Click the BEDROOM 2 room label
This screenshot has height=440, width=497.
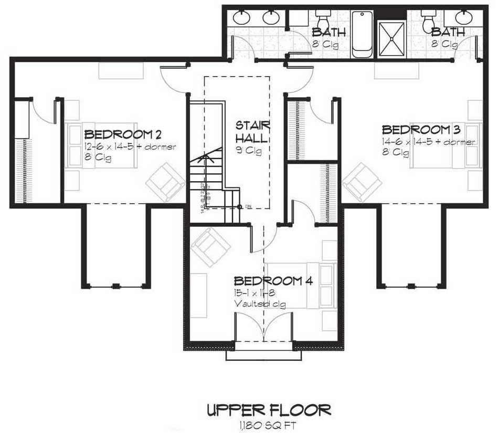pyautogui.click(x=118, y=133)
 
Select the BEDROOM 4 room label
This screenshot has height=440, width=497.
pyautogui.click(x=273, y=280)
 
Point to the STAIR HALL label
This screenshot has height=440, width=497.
pyautogui.click(x=252, y=132)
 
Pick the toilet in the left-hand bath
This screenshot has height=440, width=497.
pyautogui.click(x=321, y=21)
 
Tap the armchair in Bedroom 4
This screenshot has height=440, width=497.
pyautogui.click(x=211, y=247)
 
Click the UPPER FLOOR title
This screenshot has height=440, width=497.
pyautogui.click(x=268, y=409)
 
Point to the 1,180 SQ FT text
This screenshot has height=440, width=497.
pyautogui.click(x=268, y=424)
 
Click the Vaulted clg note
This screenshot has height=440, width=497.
pyautogui.click(x=260, y=304)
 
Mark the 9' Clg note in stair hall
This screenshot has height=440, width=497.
pyautogui.click(x=248, y=150)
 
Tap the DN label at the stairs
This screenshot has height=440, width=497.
pyautogui.click(x=248, y=207)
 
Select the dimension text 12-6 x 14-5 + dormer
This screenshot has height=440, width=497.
pyautogui.click(x=130, y=146)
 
